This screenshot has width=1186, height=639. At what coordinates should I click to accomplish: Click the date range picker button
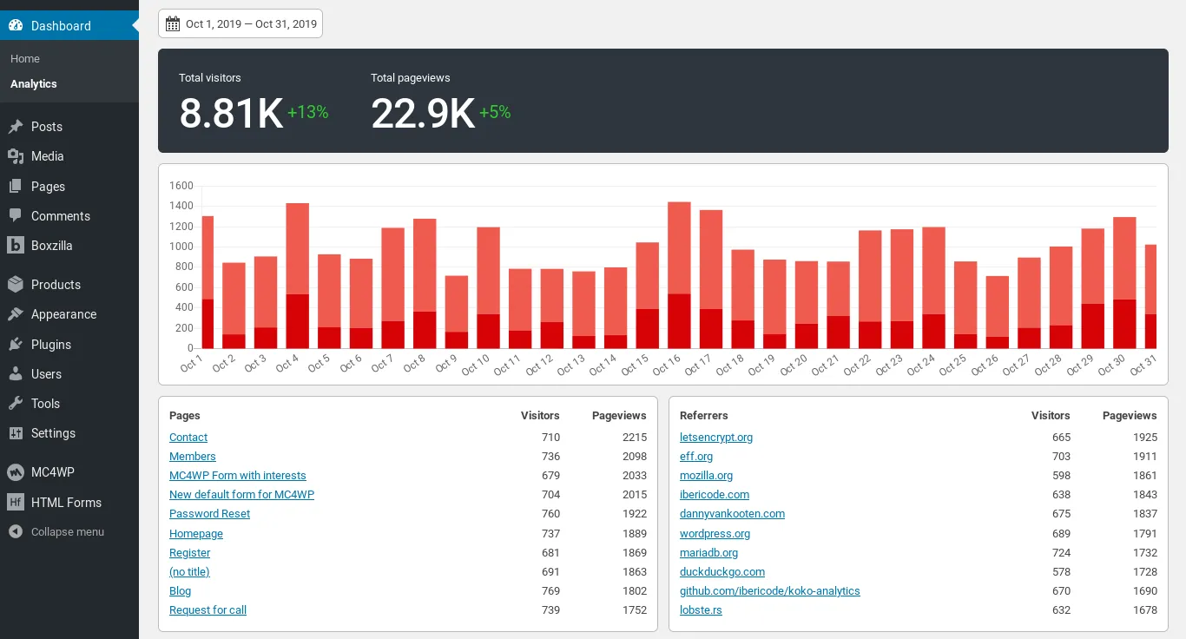click(240, 24)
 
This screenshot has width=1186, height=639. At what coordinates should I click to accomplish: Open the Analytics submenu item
click(34, 84)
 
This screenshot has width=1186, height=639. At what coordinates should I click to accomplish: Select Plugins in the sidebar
click(51, 345)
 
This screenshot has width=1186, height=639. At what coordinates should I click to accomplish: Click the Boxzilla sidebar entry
click(51, 246)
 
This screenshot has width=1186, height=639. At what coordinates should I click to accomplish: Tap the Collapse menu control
click(67, 532)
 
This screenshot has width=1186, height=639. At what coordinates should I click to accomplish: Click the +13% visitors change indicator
click(307, 112)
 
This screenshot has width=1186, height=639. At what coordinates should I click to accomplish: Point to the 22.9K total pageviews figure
click(423, 113)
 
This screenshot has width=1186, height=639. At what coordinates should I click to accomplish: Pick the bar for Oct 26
click(997, 312)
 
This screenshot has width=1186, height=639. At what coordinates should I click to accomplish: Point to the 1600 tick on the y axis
click(181, 186)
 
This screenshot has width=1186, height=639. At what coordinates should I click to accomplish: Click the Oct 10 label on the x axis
click(477, 364)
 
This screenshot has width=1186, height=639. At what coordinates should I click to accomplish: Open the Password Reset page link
click(209, 514)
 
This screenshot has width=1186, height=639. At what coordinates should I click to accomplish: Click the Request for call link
click(208, 610)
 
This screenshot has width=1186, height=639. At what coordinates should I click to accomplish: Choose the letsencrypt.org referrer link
click(716, 438)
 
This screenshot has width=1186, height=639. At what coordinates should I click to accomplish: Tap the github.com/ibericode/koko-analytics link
click(769, 591)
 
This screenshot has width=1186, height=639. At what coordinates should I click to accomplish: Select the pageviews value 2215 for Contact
click(634, 438)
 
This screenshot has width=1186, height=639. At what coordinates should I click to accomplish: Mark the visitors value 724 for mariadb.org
click(1061, 553)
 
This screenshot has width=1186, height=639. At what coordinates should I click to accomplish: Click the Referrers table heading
click(703, 416)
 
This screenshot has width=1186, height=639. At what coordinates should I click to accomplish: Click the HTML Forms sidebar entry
click(66, 503)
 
